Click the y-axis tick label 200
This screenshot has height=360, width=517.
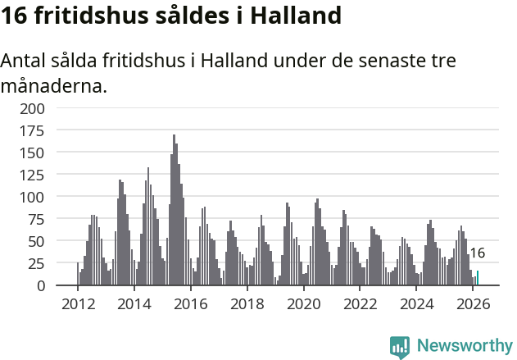pos(34,108)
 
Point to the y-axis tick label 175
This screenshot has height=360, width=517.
pos(34,130)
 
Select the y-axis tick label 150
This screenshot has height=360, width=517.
pos(34,153)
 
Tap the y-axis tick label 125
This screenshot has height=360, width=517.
pos(34,175)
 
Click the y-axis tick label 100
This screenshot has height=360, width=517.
pos(34,197)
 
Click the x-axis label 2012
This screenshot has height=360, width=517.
pos(78,303)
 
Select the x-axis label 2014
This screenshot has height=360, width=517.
pos(134,303)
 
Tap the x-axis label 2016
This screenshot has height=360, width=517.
pos(191,303)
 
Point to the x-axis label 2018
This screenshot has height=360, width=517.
pos(247,303)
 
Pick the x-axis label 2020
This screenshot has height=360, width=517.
pos(303,303)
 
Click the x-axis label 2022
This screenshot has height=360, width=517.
pos(360,303)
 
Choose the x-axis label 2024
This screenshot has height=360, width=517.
pos(416,303)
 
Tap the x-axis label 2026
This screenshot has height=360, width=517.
pos(472,303)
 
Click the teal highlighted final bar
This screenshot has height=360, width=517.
pos(478,278)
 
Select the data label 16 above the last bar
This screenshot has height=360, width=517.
pos(478,253)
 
